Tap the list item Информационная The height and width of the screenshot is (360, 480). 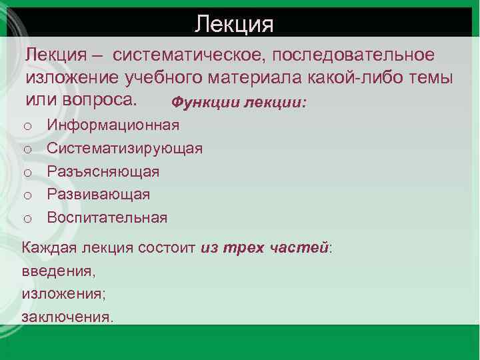pos(113,125)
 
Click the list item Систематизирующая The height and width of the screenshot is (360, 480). pos(125,148)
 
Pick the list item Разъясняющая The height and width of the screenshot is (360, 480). pos(103,171)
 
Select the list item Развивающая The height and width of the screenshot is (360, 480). pos(98,194)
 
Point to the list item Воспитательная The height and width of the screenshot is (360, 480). pos(107,217)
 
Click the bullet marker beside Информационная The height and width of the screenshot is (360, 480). pos(27,126)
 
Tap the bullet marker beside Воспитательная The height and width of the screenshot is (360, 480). pos(27,218)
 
